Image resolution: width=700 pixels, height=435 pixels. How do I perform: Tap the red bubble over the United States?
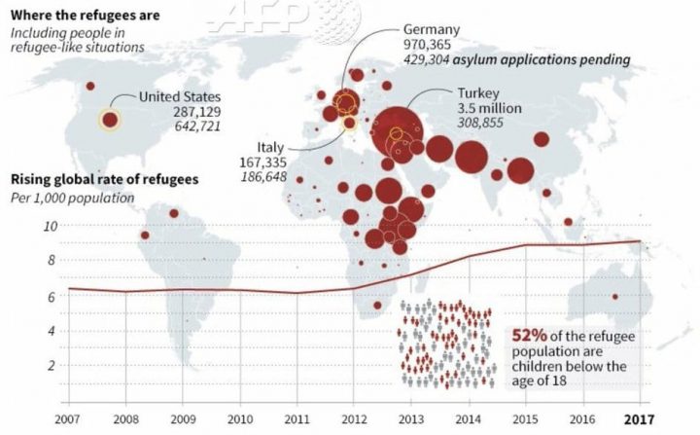coord(110,120)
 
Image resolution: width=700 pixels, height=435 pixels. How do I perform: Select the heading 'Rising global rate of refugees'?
coord(104,180)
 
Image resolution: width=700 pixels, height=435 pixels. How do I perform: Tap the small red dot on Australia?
coord(613,297)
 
